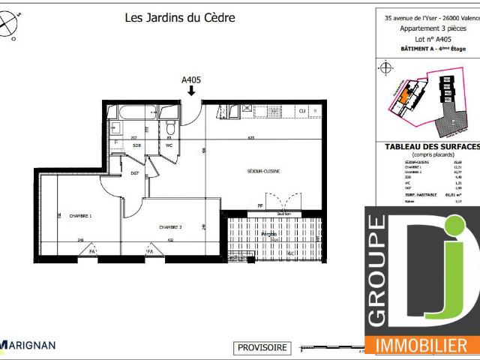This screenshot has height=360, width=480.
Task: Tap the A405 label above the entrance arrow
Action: pos(191,78)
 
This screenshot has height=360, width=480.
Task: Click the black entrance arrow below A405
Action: pos(191,91)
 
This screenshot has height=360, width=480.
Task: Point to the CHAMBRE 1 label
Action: pos(79,215)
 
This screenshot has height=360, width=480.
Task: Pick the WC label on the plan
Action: pos(170,145)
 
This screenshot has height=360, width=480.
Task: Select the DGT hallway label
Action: pos(135,173)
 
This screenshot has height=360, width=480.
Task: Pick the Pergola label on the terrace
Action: pos(268,234)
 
